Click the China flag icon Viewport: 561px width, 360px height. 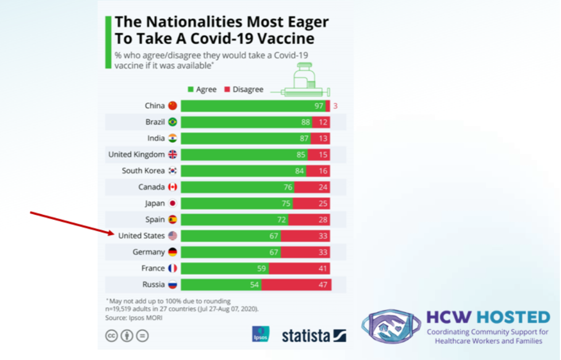click(173, 106)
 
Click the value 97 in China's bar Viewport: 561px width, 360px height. click(319, 106)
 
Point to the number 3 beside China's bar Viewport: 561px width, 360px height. click(335, 106)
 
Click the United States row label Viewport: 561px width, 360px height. click(141, 236)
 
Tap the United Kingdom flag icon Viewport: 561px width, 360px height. click(173, 154)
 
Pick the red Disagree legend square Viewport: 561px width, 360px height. click(227, 90)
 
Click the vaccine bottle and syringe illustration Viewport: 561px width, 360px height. click(301, 80)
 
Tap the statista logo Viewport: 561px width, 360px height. click(314, 335)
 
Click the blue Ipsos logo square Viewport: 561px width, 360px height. click(260, 334)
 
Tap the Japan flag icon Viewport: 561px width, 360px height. click(173, 203)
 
